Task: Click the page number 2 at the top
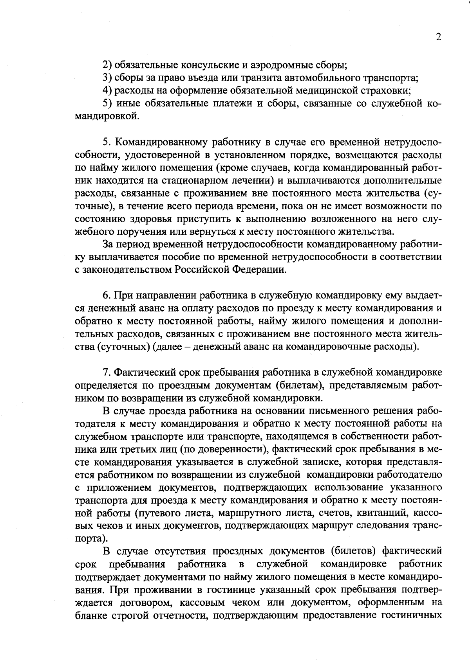click(438, 37)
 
